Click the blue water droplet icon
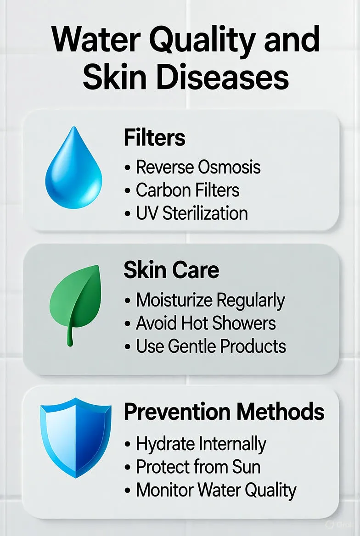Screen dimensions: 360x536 click(x=73, y=169)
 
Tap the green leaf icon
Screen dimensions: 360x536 click(x=76, y=301)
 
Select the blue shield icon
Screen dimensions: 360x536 click(x=76, y=437)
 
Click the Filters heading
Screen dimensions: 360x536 click(x=154, y=137)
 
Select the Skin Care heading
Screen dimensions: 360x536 click(x=171, y=270)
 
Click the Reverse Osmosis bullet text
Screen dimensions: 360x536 click(x=198, y=167)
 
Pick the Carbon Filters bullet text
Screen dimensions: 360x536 click(x=187, y=190)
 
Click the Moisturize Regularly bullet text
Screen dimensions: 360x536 click(x=210, y=301)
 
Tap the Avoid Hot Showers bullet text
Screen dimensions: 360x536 click(x=206, y=323)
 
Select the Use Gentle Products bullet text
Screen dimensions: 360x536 click(x=211, y=346)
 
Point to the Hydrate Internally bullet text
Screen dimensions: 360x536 click(x=201, y=444)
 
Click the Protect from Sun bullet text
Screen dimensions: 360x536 click(x=198, y=467)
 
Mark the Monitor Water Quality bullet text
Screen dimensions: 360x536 click(x=216, y=490)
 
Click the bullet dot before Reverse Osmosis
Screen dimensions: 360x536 click(x=127, y=168)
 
